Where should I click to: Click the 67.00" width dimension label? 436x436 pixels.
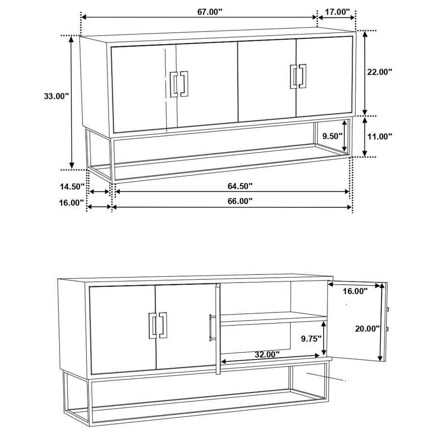point(209,12)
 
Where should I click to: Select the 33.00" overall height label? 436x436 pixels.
point(56,96)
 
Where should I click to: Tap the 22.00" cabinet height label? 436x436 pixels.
point(379,72)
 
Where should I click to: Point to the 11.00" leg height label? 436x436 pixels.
point(379,137)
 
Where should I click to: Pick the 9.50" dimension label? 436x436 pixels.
point(333,136)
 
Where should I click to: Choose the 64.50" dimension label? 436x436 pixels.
point(240,186)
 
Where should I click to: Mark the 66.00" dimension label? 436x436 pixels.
point(240,202)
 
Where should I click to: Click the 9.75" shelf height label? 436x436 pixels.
point(311,339)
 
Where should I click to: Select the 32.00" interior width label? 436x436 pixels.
point(267,354)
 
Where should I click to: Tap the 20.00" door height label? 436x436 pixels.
point(367,328)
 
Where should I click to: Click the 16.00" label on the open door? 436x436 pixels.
point(355,291)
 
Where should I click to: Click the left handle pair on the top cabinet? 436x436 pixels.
point(179,84)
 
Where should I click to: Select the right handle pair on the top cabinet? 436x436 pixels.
point(299,77)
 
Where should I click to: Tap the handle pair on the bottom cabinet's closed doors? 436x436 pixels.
point(157,325)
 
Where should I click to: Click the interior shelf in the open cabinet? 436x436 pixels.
point(274,318)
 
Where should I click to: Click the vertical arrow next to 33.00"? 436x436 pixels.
point(72,102)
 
